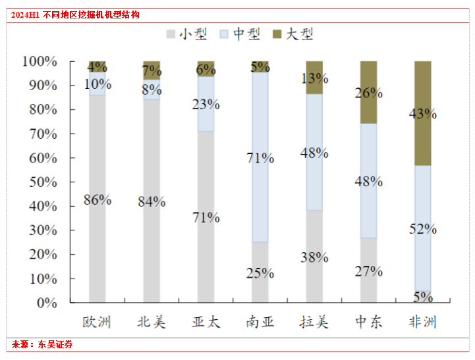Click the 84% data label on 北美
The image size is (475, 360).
152,201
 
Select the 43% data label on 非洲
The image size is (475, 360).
422,113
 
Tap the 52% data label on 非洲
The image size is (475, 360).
422,228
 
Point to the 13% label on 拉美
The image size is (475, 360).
314,78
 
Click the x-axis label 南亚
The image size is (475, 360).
260,322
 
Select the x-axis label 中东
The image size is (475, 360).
368,322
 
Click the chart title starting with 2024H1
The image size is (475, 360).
76,14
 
